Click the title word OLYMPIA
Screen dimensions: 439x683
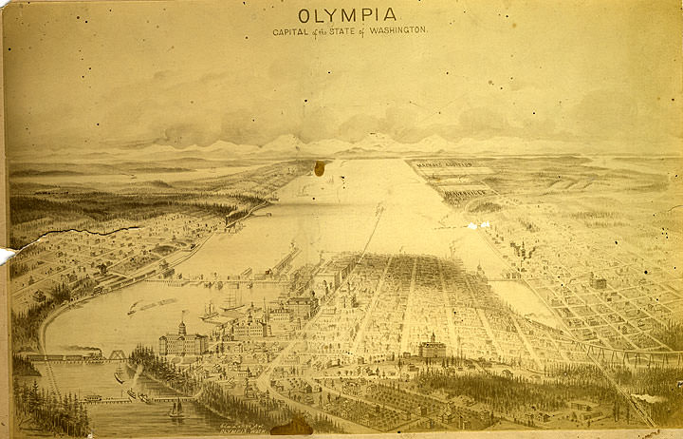coord(347,15)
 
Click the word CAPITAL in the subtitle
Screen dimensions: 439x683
coord(290,30)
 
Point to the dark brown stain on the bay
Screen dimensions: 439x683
coord(320,168)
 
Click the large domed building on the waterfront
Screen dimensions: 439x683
coord(181,339)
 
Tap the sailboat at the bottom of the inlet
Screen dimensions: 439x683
coord(176,410)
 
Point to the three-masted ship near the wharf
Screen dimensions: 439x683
coord(231,303)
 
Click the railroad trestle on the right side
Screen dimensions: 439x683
coord(617,354)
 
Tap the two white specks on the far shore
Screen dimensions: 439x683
coord(478,225)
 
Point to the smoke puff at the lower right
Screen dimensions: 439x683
coord(655,397)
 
